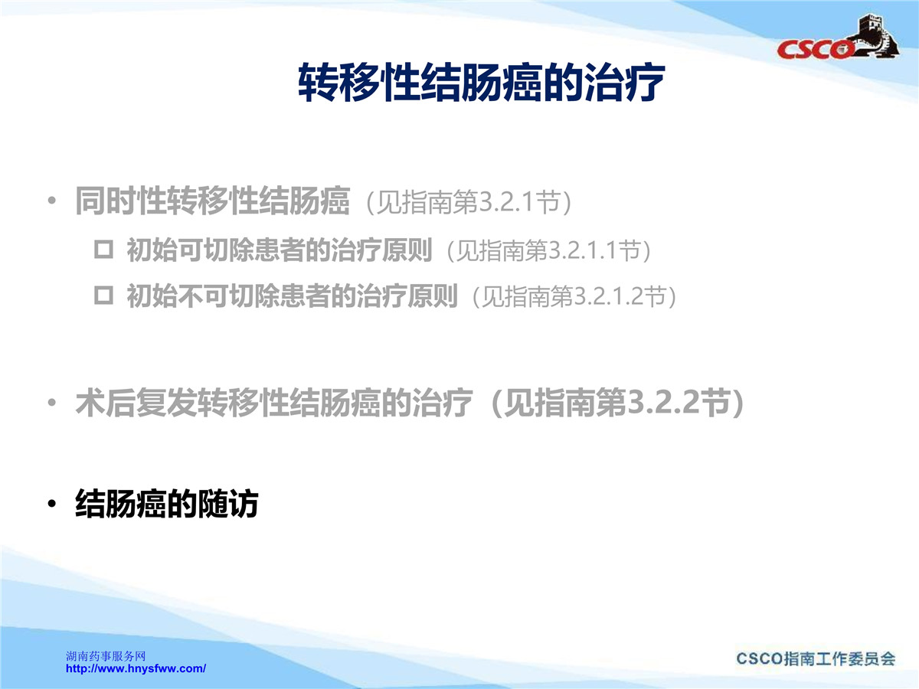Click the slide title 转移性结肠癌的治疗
pos(482,83)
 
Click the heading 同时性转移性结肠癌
pos(212,201)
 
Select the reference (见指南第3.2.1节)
pos(469,202)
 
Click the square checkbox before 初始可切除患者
pos(103,250)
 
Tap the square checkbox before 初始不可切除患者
pos(103,296)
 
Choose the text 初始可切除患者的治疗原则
pos(280,250)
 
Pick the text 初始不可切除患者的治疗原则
pos(292,296)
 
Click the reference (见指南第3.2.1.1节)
pos(549,251)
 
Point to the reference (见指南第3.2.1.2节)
pos(574,296)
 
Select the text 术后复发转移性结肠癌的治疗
pos(274,403)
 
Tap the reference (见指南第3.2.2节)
pos(616,403)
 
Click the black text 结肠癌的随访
pos(167,504)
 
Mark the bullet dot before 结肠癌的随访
pos(51,504)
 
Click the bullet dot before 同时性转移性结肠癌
pos(51,201)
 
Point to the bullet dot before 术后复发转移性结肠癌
pos(51,403)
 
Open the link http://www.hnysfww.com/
pos(136,668)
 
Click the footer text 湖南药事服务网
pos(106,656)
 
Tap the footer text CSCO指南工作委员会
pos(816,659)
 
